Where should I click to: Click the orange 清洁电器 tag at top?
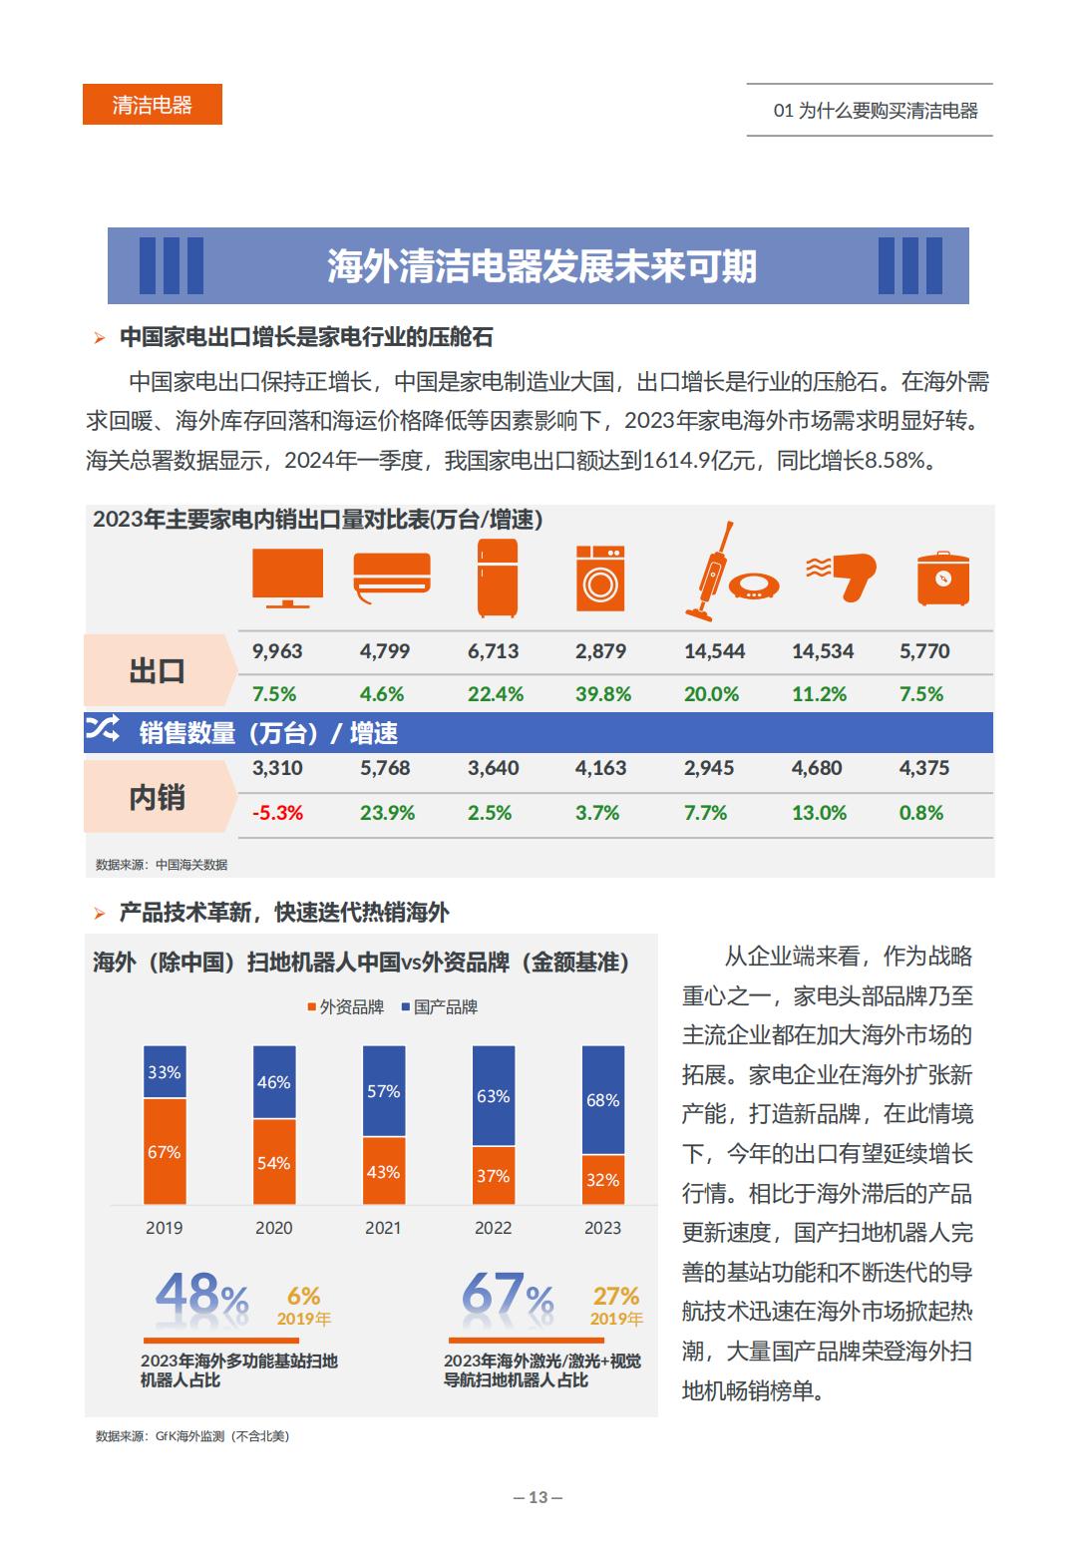[x=152, y=105]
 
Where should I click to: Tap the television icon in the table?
[x=287, y=578]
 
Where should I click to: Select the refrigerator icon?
[x=497, y=578]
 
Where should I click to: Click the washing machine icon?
[x=600, y=578]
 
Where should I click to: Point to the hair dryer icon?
[x=842, y=576]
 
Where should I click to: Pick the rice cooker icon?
[x=941, y=578]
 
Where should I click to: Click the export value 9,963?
[x=277, y=651]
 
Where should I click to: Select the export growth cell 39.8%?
[x=602, y=694]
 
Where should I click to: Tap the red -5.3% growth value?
[x=277, y=813]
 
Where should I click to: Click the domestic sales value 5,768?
[x=385, y=768]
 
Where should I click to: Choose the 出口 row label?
[x=158, y=671]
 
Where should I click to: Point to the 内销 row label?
[x=158, y=798]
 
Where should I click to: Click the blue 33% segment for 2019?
[x=165, y=1072]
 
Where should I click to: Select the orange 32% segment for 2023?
[x=602, y=1180]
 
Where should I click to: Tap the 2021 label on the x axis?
[x=383, y=1228]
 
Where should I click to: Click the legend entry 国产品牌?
[x=439, y=1007]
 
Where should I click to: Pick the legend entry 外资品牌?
[x=345, y=1007]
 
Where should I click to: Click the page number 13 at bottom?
[x=538, y=1497]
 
